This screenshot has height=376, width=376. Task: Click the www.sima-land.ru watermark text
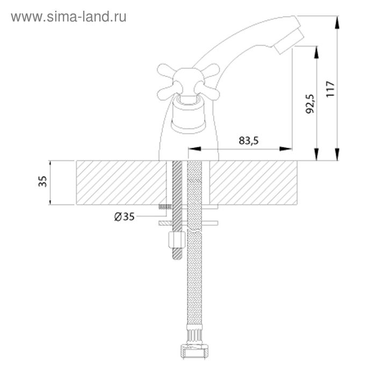[69, 17]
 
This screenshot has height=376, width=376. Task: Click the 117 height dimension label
[330, 89]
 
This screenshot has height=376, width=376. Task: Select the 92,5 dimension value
[310, 104]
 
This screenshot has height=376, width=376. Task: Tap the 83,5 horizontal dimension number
[249, 141]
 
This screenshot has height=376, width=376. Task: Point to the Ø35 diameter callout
[124, 217]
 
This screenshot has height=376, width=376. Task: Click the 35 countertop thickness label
[42, 182]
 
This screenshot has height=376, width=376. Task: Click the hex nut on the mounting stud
[177, 240]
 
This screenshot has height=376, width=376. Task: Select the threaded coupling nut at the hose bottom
[194, 351]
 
